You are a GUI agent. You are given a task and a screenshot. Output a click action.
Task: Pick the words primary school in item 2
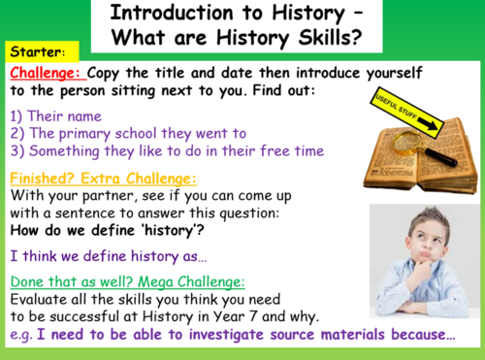(x=116, y=133)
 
